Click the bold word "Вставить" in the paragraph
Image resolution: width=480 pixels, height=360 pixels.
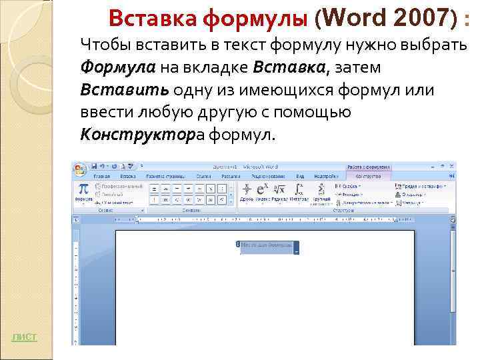[124, 90]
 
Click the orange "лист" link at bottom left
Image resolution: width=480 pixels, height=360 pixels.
[24, 337]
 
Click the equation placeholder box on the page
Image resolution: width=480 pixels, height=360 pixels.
[268, 247]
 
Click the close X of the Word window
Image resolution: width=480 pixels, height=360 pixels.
[451, 165]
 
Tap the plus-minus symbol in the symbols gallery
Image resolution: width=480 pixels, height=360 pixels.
[155, 189]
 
